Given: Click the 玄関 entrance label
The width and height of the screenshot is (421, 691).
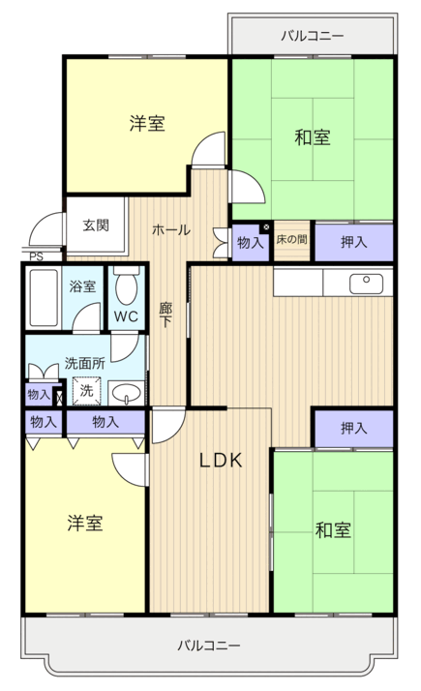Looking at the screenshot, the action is (x=96, y=225).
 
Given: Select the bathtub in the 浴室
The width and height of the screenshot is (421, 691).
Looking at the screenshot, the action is (x=44, y=298).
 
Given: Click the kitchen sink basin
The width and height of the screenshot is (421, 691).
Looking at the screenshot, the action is (x=367, y=284).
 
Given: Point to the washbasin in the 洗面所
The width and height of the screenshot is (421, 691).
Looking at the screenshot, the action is (x=127, y=392).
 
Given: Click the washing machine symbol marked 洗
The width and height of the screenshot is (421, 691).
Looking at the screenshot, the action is (x=86, y=390).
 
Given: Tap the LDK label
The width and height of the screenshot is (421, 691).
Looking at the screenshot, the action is (x=221, y=460).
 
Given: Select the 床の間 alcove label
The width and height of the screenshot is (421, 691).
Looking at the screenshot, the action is (x=291, y=240).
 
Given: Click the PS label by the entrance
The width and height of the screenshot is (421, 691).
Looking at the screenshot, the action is (x=37, y=256).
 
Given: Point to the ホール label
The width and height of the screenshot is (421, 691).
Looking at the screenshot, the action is (x=171, y=229).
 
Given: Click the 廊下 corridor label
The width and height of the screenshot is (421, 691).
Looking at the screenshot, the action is (x=165, y=315).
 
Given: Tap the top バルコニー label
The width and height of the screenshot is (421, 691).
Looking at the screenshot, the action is (x=313, y=35).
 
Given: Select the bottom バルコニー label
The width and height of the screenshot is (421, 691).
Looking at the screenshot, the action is (x=209, y=646).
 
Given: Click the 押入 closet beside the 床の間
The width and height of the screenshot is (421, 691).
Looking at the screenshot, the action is (x=354, y=242).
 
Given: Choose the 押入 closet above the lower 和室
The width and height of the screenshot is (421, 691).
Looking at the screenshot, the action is (x=354, y=428).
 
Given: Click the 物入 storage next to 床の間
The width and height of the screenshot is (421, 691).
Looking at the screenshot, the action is (x=251, y=242).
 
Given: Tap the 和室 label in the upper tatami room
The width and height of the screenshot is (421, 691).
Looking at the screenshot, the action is (x=313, y=137).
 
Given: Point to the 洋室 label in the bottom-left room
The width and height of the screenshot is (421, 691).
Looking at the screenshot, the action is (x=85, y=523).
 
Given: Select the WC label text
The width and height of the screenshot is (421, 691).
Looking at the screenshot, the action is (x=126, y=316).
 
